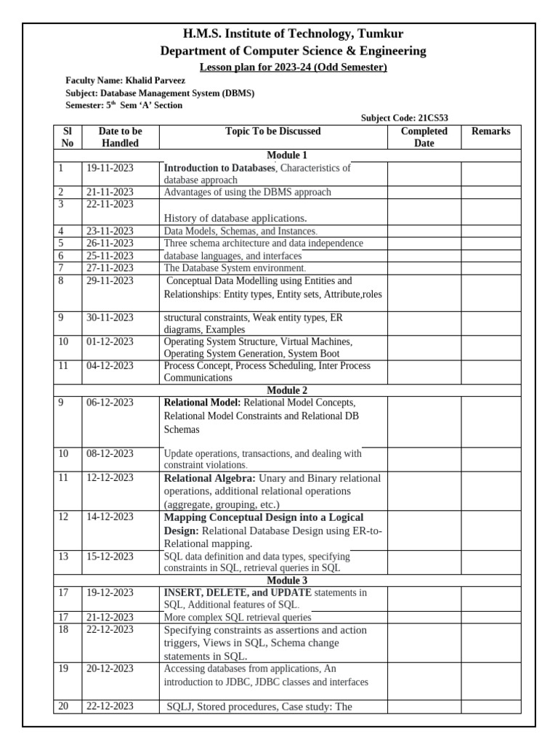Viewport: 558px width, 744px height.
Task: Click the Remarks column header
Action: coord(490,132)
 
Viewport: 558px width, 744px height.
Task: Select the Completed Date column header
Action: coord(424,137)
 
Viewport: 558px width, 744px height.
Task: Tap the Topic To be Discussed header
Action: coord(272,132)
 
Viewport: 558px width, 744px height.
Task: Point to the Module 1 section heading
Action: coord(287,155)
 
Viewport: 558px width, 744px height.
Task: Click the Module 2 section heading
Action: coord(287,390)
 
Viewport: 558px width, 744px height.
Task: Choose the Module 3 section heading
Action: coord(287,581)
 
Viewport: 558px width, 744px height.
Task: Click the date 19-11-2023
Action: coord(110,168)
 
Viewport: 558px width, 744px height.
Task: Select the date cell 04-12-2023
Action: coord(110,366)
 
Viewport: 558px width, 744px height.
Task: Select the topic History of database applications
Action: coord(235,218)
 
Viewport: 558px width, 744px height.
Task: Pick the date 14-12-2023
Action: coord(110,517)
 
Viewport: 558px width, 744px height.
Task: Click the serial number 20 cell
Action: coord(63,706)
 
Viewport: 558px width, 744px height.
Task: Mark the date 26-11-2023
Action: coord(110,243)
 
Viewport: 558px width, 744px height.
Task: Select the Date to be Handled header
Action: coord(120,137)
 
